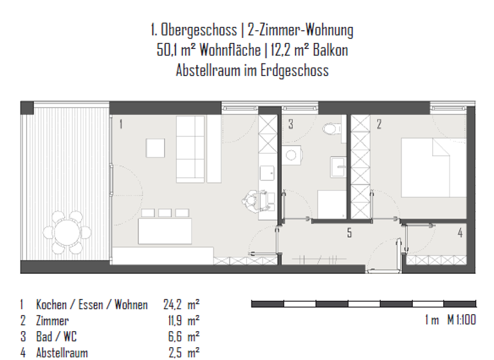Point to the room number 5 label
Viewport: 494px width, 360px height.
[x=350, y=233]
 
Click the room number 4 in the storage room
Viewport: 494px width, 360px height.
[x=459, y=233]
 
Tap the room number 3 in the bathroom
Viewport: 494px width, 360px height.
[x=291, y=124]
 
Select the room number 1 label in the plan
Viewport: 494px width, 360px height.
[x=120, y=124]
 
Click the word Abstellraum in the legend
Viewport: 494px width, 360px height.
[x=62, y=352]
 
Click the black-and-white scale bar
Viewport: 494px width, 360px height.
[x=363, y=303]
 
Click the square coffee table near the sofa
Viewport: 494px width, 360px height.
[x=157, y=148]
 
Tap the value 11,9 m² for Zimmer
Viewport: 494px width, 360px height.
[x=184, y=320]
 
